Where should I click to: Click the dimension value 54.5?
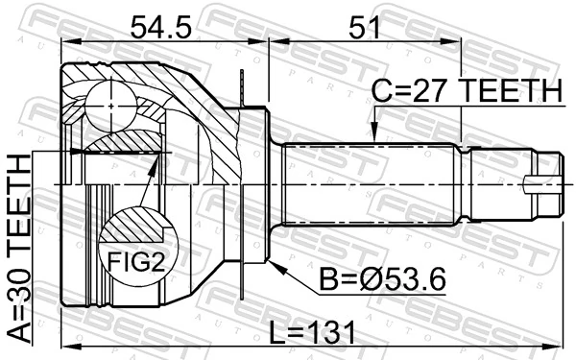[157, 26]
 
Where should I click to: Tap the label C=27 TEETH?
[466, 91]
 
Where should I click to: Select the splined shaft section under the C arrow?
[370, 182]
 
